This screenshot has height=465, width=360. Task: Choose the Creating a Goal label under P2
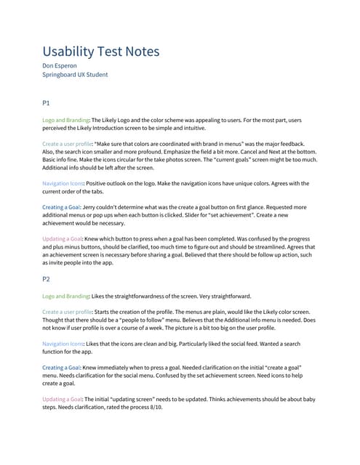(64, 368)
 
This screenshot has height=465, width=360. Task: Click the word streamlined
(284, 248)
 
